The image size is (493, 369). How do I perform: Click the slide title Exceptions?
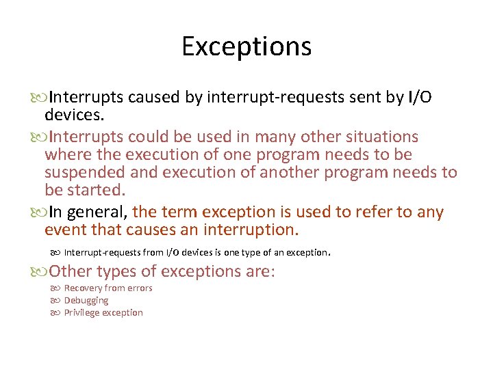[246, 46]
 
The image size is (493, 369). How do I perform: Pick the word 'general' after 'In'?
[98, 213]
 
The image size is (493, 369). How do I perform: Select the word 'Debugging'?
[86, 300]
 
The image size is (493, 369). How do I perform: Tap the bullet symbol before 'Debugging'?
[55, 301]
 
